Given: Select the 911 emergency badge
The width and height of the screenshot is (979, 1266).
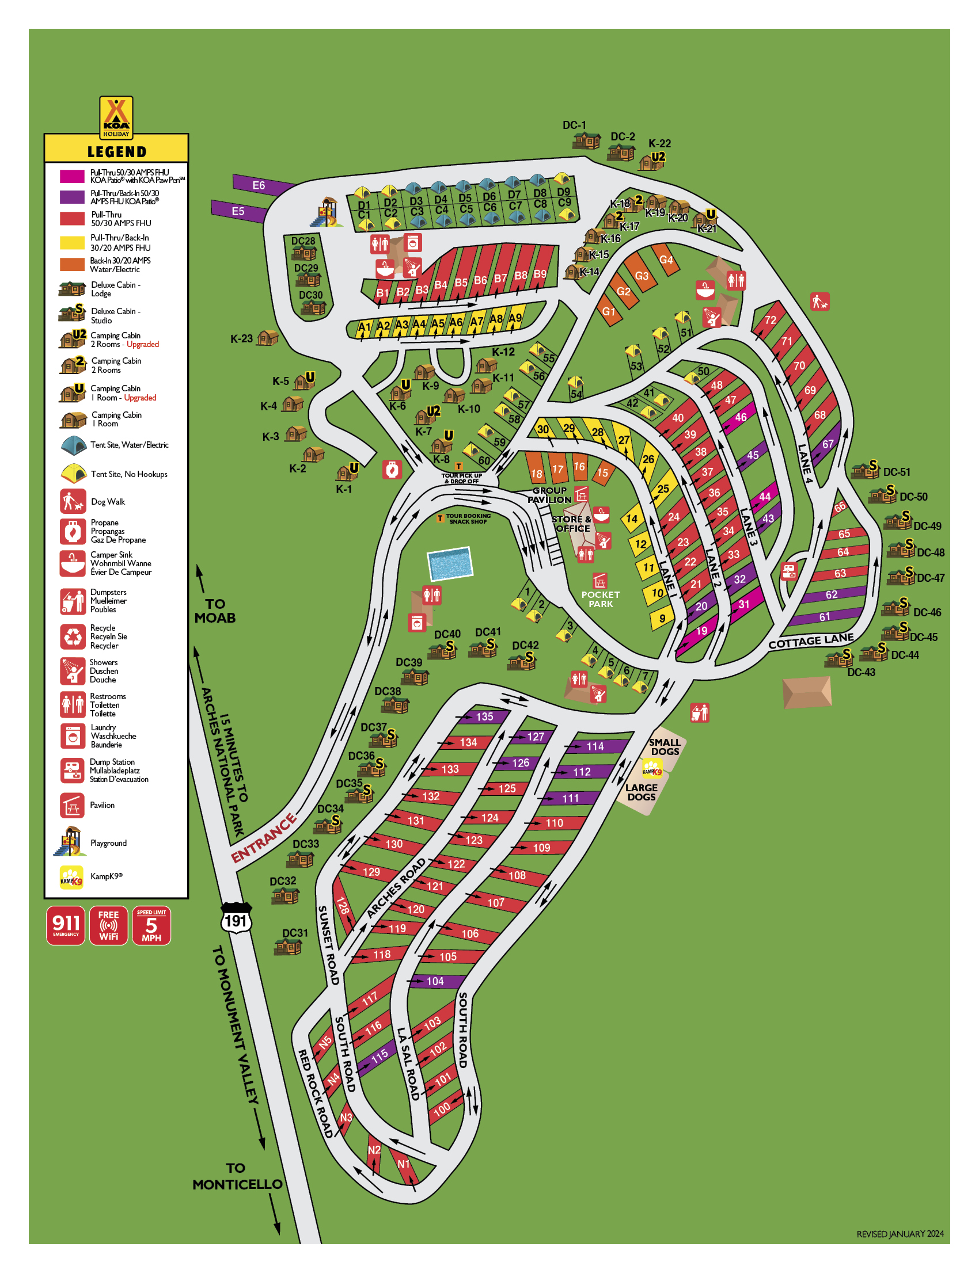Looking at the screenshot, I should (66, 925).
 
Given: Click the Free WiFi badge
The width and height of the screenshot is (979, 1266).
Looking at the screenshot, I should (108, 925).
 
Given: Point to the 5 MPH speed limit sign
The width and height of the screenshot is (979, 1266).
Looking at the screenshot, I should (151, 925).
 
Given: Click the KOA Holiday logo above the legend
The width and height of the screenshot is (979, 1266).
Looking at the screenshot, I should (116, 117).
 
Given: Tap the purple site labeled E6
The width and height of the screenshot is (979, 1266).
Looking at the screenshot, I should (259, 185).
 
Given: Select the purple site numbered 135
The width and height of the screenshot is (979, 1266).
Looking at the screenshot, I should (484, 717).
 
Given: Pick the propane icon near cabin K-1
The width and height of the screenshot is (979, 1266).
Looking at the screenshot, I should (392, 470).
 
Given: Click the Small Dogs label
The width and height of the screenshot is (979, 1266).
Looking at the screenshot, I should (665, 746).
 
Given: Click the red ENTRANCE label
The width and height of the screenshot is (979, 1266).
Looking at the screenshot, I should (264, 838).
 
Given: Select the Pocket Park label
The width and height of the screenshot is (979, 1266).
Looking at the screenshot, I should (600, 600).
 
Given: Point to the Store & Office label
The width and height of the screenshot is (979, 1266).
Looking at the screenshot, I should (571, 524).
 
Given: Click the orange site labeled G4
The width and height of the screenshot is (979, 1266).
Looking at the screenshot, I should (666, 260).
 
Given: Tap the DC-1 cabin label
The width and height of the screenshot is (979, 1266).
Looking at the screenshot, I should (574, 125).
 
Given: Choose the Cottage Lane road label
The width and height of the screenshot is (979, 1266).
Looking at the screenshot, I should (811, 641).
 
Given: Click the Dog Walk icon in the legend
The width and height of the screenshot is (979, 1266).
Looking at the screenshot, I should (73, 501).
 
